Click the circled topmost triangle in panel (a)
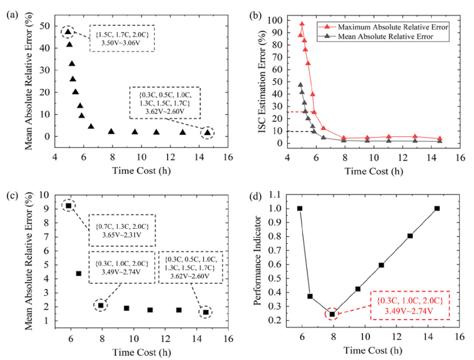tap(68, 32)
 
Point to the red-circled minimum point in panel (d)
tap(332, 314)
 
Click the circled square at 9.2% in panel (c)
tap(68, 206)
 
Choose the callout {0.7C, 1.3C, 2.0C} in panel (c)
tap(122, 229)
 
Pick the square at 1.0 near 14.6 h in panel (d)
tap(437, 209)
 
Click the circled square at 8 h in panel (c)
tap(101, 305)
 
